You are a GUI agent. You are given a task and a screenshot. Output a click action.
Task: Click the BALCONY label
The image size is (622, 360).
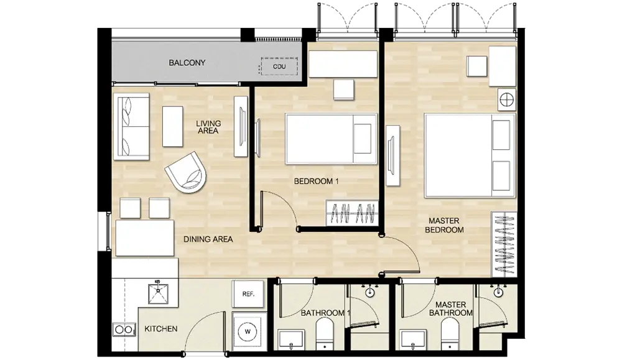pos(187,63)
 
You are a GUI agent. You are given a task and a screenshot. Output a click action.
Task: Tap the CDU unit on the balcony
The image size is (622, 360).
pos(279,67)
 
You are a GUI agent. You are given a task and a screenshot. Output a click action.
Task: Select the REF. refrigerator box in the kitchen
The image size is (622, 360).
pos(248,294)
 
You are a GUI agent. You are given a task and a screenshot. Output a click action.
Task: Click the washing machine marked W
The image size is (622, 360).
pos(248,331)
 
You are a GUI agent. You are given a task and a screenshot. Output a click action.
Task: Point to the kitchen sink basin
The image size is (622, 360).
pos(158,293)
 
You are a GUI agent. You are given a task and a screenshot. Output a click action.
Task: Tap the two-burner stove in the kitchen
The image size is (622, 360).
pos(124,330)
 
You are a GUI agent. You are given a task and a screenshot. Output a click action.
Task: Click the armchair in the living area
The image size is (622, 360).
pos(185,172)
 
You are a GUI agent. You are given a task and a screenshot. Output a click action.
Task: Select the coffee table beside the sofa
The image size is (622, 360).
pos(172,126)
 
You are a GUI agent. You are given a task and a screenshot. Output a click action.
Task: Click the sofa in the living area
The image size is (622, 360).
pos(131,126)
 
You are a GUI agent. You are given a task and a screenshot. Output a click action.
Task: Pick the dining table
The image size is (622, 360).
pos(145,238)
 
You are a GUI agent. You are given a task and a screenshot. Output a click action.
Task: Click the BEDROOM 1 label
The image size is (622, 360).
pos(316,182)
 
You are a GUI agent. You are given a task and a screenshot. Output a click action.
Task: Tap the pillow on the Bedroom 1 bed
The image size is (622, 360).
pos(362,139)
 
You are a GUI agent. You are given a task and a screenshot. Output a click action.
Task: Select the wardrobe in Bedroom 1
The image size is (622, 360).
pos(352,213)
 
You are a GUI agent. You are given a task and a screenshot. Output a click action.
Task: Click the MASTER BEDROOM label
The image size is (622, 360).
pos(444,225)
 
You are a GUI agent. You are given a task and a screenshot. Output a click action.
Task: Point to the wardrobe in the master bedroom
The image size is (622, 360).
pos(504,244)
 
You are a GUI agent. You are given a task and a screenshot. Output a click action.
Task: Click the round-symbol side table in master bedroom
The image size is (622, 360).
pos(506,99)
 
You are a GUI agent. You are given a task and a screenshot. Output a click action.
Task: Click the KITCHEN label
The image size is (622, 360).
pos(160,329)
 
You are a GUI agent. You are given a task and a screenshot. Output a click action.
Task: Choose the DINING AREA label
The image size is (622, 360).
pos(208,239)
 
